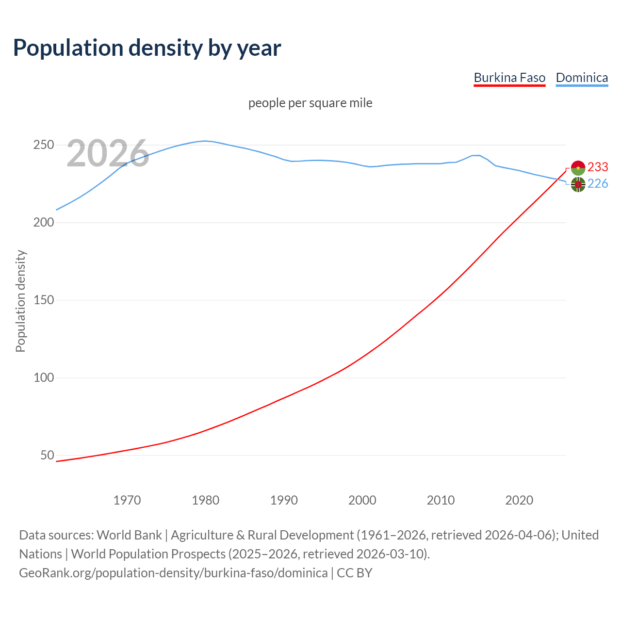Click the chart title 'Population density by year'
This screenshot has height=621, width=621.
coord(147,48)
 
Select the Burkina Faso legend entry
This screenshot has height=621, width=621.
coord(509,78)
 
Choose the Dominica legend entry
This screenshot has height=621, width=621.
coord(582,78)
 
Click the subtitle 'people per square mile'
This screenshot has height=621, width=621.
coord(310,103)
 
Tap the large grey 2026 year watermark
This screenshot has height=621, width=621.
coord(108,153)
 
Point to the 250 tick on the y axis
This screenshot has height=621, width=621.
coord(43,145)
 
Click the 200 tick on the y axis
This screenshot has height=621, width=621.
coord(43,223)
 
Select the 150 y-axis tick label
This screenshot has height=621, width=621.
coord(43,300)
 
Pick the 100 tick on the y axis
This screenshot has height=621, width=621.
coord(43,378)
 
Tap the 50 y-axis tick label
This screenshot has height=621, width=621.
coord(47,456)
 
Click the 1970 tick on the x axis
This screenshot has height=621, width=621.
coord(127,500)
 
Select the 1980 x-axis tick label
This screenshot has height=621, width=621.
coord(206,500)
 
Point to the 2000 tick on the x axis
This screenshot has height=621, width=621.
coord(362,500)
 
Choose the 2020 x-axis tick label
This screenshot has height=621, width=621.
coord(519,500)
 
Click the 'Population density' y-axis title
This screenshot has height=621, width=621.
coord(20,301)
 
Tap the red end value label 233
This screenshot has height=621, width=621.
coord(598,167)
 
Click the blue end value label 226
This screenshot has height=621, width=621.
coord(598,183)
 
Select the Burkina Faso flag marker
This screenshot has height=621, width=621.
coord(578,167)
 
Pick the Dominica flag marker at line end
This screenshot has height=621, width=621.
coord(578,184)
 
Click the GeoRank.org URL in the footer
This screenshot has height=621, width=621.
coord(173,573)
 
